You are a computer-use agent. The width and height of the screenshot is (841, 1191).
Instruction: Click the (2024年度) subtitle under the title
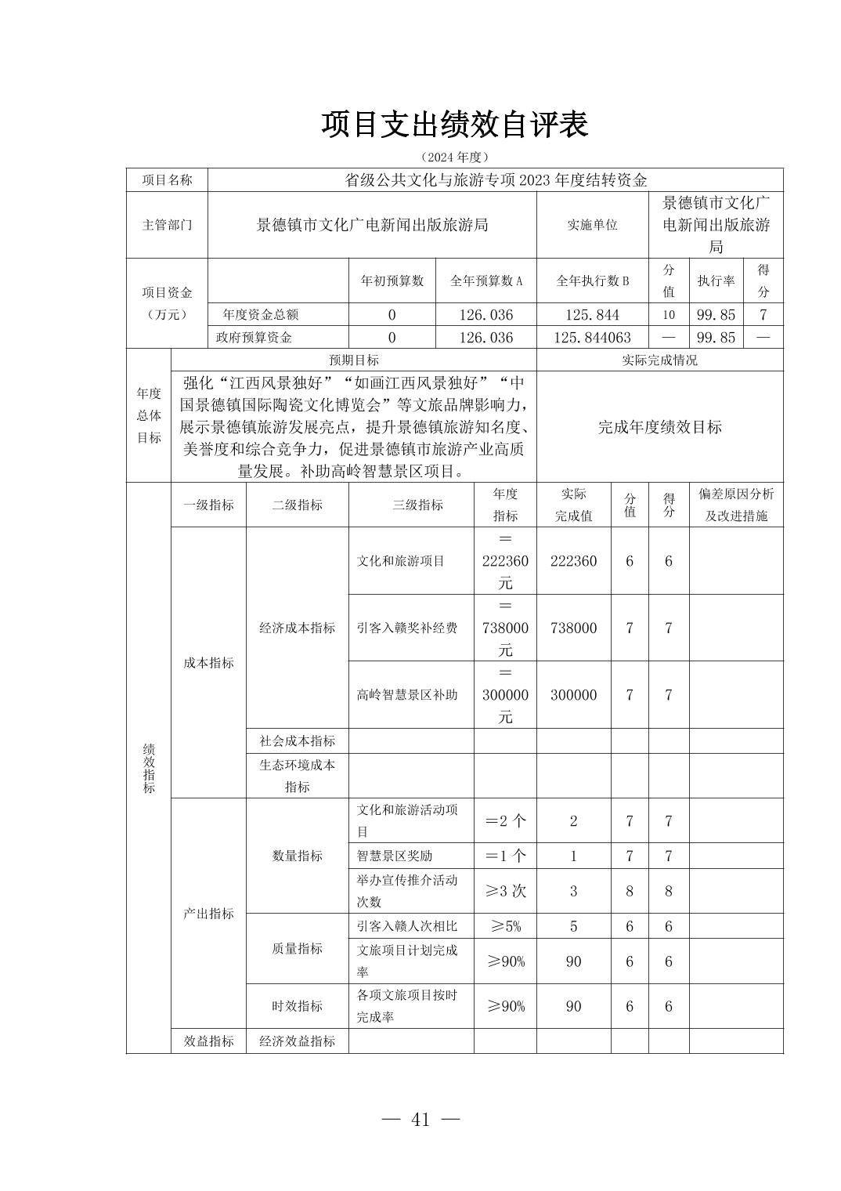[454, 157]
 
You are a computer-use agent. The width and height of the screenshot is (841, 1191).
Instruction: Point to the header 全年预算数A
[485, 281]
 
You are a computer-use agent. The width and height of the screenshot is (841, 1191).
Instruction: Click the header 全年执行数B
[592, 281]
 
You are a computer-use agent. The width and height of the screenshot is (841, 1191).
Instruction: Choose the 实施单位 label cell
[592, 225]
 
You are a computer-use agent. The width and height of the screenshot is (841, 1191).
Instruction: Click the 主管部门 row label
[167, 225]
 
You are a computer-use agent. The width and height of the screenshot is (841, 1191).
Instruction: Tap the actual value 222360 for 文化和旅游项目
[573, 561]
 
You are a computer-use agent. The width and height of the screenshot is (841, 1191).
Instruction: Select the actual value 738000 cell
[573, 628]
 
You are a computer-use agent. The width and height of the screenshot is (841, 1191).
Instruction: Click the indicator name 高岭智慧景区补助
[407, 695]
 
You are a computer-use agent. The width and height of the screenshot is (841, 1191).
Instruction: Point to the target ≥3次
[505, 891]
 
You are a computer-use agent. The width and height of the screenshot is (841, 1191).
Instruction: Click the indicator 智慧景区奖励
[395, 856]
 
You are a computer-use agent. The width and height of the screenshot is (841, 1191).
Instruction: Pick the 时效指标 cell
[297, 1006]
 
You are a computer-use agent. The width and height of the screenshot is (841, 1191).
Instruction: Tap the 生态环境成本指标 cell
[297, 776]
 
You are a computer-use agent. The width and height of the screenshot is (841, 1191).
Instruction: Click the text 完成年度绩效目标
[659, 427]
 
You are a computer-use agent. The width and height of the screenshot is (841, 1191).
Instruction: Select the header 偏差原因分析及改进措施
[735, 505]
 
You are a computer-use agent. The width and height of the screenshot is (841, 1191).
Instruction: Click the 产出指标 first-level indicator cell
[208, 914]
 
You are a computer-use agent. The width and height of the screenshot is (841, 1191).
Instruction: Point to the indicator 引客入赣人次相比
[407, 926]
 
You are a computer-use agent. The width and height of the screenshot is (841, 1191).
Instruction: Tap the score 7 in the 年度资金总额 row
[763, 315]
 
